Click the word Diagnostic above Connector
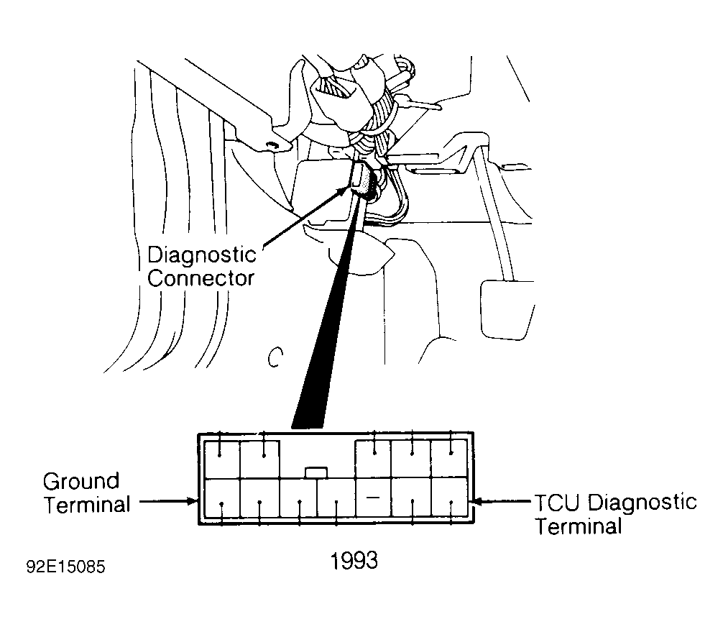pos(201,255)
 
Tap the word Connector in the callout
pos(201,278)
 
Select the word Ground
pos(81,481)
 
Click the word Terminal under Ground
pos(87,504)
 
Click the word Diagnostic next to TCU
pos(642,501)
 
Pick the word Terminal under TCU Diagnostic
pos(578,526)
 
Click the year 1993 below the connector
pos(354,560)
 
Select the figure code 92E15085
pos(65,567)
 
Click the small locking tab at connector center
pos(316,472)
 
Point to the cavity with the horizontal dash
pos(372,498)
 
